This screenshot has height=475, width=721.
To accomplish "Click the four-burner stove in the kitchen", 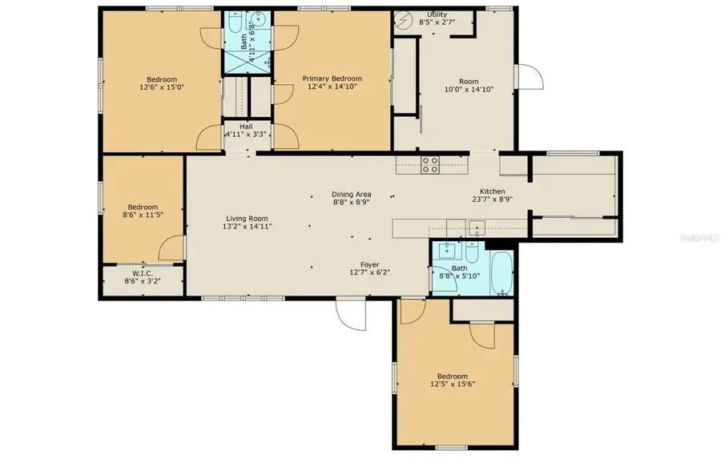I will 430,165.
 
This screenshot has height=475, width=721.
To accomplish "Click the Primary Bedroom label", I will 332,78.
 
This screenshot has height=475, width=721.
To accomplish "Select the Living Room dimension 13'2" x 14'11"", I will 247,227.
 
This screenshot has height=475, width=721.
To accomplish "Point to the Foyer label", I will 369,264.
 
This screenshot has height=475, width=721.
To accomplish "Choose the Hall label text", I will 245,126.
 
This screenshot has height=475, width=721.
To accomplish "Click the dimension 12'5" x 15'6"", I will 452,384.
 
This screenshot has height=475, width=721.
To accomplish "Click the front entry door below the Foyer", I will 351,312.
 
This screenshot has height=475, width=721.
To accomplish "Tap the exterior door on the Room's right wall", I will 527,77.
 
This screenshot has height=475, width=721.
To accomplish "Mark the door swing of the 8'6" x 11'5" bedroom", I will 171,248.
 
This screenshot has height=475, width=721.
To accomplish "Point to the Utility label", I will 437,14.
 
